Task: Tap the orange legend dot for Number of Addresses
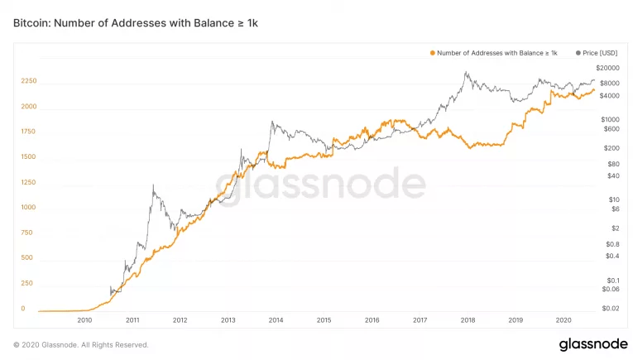pyautogui.click(x=432, y=53)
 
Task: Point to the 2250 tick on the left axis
pyautogui.click(x=29, y=81)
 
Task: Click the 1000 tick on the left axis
pyautogui.click(x=29, y=207)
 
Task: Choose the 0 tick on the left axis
pyautogui.click(x=23, y=309)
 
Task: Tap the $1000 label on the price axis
pyautogui.click(x=611, y=119)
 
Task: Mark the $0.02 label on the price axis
pyautogui.click(x=611, y=309)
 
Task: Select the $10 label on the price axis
pyautogui.click(x=613, y=199)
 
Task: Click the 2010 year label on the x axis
pyautogui.click(x=84, y=319)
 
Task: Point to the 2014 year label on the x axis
pyautogui.click(x=276, y=319)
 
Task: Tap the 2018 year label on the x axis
pyautogui.click(x=468, y=319)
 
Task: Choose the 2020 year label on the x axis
pyautogui.click(x=563, y=319)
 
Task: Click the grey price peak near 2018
pyautogui.click(x=467, y=73)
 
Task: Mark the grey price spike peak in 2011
pyautogui.click(x=153, y=186)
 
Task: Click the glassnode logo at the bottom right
pyautogui.click(x=587, y=343)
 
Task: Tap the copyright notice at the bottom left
pyautogui.click(x=81, y=344)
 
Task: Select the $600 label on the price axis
pyautogui.click(x=611, y=128)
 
